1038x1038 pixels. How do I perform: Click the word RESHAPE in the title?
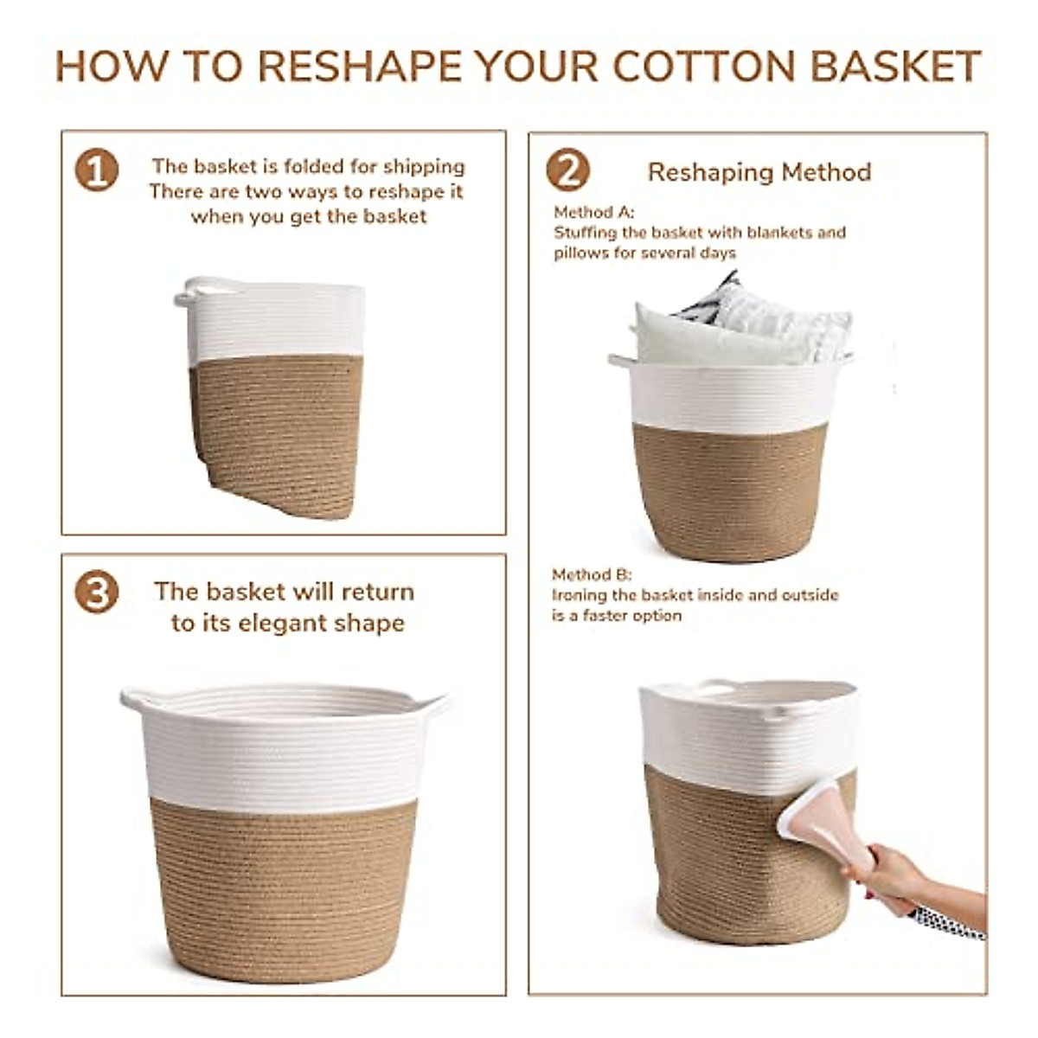coord(359,67)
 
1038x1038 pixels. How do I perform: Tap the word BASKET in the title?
coord(896,67)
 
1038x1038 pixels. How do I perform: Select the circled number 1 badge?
coord(97,170)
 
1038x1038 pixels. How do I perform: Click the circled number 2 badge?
coord(567,170)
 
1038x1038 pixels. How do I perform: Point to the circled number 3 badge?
coord(97,592)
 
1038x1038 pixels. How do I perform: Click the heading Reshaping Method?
coord(759,172)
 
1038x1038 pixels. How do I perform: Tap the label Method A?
coord(594,212)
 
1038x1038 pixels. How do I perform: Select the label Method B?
coord(592,574)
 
